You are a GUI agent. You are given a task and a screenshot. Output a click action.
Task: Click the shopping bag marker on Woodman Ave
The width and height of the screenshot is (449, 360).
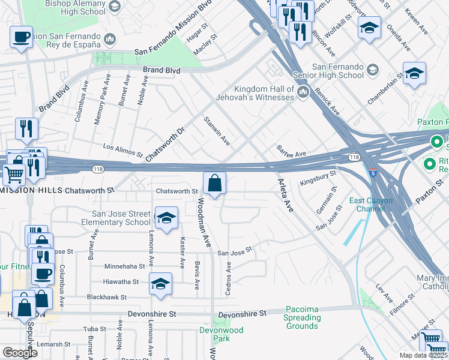point(214,184)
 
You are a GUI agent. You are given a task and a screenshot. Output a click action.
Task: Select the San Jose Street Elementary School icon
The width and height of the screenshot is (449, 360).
point(166,218)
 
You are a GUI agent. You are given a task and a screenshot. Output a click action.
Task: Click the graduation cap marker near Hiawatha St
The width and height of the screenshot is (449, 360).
point(160,284)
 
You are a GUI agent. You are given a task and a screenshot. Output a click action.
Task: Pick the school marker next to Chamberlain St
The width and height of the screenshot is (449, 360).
point(414,74)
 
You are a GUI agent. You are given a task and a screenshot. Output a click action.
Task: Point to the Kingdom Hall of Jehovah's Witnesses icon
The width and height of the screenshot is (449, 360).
point(303,92)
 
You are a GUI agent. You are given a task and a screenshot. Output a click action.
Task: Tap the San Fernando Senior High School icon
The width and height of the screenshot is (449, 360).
point(372,71)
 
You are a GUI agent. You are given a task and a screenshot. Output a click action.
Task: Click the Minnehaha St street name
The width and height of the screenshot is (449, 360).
point(125,266)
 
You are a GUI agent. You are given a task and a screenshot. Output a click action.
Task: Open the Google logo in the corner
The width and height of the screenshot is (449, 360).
point(20,353)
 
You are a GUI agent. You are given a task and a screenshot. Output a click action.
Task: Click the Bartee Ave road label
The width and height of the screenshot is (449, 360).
point(291,151)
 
